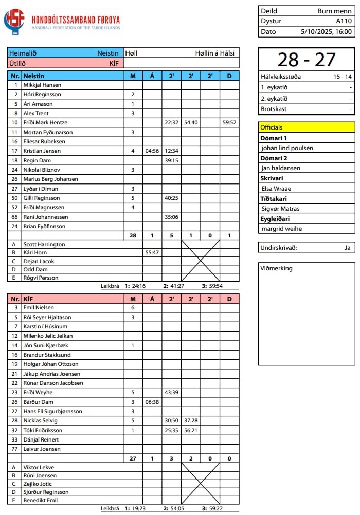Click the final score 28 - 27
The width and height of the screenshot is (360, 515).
pyautogui.click(x=306, y=60)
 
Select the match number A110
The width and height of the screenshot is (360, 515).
pyautogui.click(x=344, y=21)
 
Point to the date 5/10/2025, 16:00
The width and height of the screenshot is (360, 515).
pyautogui.click(x=326, y=31)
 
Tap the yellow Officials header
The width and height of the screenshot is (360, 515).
pyautogui.click(x=307, y=127)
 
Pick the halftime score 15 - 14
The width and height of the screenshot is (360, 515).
pyautogui.click(x=342, y=77)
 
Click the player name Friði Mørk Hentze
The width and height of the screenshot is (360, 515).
pyautogui.click(x=45, y=123)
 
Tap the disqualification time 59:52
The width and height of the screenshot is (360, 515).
pyautogui.click(x=229, y=123)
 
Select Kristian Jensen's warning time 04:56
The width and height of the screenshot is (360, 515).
pyautogui.click(x=152, y=151)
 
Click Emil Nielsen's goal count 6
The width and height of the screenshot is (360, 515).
pyautogui.click(x=133, y=307)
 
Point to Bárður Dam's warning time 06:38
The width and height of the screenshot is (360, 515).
pyautogui.click(x=152, y=402)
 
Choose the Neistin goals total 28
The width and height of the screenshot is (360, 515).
pyautogui.click(x=133, y=235)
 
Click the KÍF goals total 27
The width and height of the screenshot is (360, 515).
pyautogui.click(x=133, y=458)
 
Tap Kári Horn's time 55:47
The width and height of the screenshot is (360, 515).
pyautogui.click(x=152, y=253)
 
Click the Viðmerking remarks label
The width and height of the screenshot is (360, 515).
pyautogui.click(x=276, y=268)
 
